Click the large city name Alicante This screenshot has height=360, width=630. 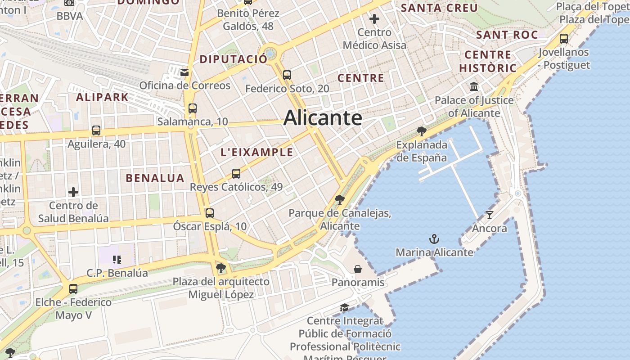pos(323,118)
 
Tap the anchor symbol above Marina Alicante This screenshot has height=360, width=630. pos(434,239)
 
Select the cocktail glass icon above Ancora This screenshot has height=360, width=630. pos(490,215)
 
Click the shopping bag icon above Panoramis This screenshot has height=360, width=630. pos(358,269)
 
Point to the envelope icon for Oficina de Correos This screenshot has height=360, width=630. pos(184,72)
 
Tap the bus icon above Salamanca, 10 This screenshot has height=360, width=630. pos(193,108)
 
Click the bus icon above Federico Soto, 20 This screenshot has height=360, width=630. pos(287,75)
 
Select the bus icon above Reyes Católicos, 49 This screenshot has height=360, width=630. pos(236,173)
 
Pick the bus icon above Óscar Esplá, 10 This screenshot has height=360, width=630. pos(210,213)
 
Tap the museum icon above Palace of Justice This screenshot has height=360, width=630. pos(474,87)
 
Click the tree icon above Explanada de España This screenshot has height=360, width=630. pos(422,131)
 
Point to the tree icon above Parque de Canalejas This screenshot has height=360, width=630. pos(340,200)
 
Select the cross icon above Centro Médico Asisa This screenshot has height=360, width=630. pos(374,19)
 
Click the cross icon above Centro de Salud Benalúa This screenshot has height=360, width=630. pos(73,193)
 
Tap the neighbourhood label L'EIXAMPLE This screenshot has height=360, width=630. pos(257,153)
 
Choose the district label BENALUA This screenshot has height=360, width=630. pos(155,178)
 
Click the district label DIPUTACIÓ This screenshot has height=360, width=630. pos(233,59)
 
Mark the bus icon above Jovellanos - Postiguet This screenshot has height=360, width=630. pos(564,39)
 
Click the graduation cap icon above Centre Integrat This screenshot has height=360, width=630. pos(345,307)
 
